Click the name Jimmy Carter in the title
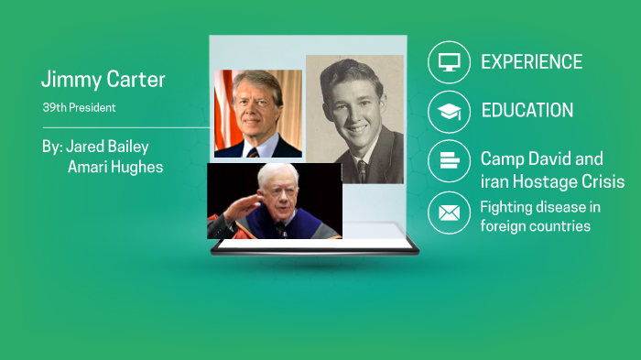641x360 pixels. [103, 80]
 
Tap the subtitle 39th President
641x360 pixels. [79, 107]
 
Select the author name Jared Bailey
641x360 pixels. [107, 147]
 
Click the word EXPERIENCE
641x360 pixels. [531, 62]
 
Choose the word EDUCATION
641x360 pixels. [527, 111]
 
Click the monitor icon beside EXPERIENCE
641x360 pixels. [449, 62]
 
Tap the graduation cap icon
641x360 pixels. [449, 112]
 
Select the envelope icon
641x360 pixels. [449, 213]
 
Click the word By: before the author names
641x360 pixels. [51, 147]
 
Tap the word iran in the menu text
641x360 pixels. [495, 181]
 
